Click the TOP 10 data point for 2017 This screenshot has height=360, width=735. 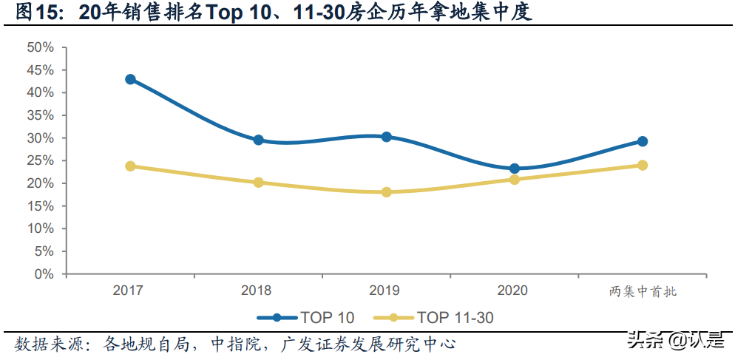[130, 79]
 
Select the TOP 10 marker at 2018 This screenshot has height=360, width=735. [258, 140]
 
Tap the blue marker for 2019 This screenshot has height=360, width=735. [386, 137]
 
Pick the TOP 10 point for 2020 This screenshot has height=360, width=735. [514, 169]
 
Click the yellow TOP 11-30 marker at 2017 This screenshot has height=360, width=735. [130, 166]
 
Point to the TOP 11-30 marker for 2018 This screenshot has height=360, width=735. [258, 182]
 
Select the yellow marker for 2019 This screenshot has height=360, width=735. [386, 192]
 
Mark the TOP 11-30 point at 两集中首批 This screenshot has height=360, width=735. [642, 165]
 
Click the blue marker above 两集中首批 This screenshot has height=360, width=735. [642, 141]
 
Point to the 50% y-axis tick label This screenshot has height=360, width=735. [40, 47]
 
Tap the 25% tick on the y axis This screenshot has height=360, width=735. [40, 160]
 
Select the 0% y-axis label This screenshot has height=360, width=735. [44, 274]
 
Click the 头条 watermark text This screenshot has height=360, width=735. [643, 341]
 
